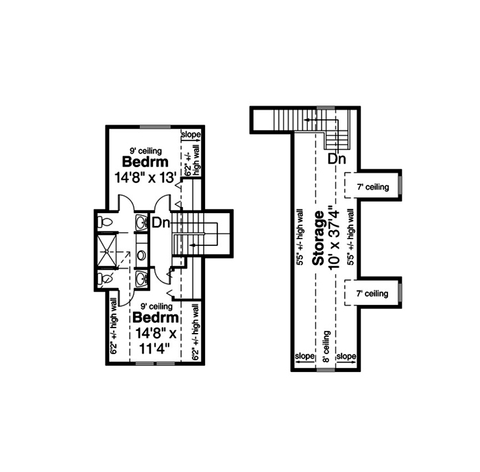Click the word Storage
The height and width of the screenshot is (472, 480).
[318, 238]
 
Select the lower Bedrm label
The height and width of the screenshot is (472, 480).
[156, 319]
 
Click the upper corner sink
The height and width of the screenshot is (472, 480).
[141, 223]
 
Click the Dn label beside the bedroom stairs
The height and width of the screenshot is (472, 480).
[160, 223]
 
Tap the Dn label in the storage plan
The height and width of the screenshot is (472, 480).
[336, 160]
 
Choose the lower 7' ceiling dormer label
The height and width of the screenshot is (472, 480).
[372, 294]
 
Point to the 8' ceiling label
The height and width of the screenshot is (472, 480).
[327, 345]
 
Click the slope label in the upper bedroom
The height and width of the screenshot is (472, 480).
[190, 135]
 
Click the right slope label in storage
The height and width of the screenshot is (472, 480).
[347, 357]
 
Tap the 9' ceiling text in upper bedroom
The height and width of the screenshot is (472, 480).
[147, 150]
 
